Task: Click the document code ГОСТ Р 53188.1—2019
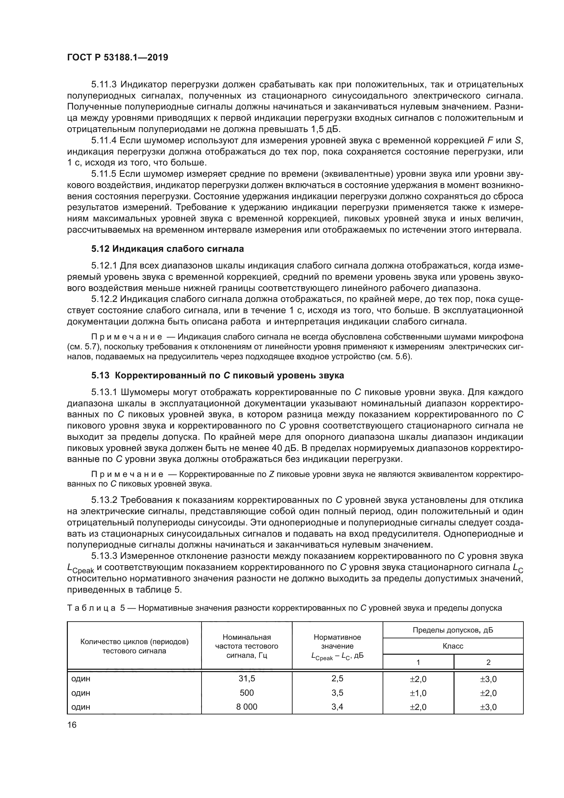(117, 57)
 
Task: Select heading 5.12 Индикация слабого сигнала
(167, 249)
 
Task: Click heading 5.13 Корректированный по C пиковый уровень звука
(218, 375)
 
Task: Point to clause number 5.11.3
(105, 85)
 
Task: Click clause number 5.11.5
(105, 174)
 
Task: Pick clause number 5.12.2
(105, 299)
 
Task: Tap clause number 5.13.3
(105, 556)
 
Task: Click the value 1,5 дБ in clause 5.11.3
(325, 129)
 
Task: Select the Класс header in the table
(453, 646)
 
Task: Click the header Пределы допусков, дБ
(453, 630)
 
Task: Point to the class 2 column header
(488, 663)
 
